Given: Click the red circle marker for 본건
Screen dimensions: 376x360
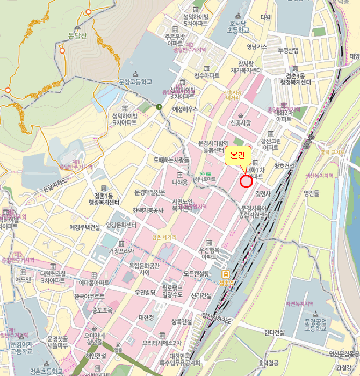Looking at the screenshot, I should click(x=246, y=182).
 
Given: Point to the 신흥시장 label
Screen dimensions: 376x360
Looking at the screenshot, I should click(x=240, y=123).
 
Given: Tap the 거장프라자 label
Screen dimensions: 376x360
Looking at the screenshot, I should click(x=121, y=251).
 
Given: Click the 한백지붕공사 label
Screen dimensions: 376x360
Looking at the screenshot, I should click(x=148, y=211).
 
